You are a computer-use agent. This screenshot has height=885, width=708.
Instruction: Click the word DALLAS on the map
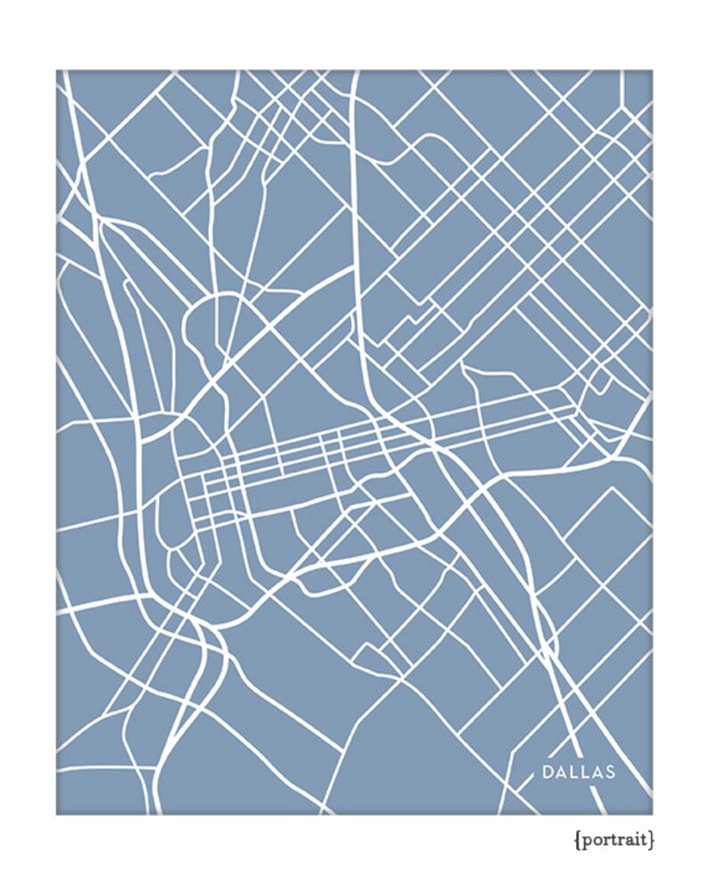coord(579,772)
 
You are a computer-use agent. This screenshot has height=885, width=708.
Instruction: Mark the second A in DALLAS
coord(597,772)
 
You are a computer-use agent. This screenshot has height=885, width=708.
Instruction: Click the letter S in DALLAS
coord(610,772)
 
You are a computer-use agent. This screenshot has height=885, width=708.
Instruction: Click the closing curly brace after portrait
coord(652,840)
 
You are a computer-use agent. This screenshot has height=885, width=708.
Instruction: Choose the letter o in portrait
coord(593,840)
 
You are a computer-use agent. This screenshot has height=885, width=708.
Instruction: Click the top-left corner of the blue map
coord(56,70)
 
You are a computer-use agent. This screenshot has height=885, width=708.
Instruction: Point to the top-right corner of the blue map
coord(652,70)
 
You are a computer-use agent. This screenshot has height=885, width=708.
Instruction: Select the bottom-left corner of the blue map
coord(56,814)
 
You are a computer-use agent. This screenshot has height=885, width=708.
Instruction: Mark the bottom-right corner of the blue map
coord(652,814)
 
